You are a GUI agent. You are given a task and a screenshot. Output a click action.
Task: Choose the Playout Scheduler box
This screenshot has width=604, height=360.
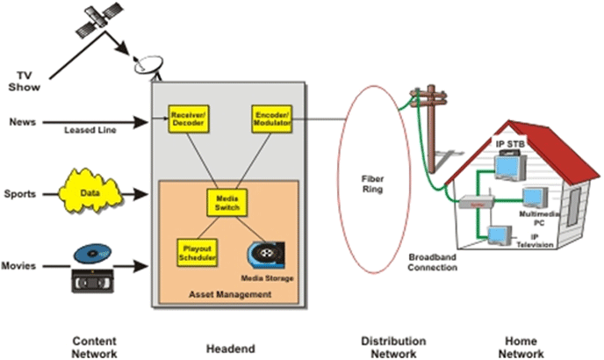tap(191, 250)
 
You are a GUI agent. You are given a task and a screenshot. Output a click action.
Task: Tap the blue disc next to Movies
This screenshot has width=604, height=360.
tap(94, 254)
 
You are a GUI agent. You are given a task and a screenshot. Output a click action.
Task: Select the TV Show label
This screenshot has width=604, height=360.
tap(24, 80)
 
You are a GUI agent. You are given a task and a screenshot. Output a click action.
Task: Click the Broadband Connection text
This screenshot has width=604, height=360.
tap(433, 262)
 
